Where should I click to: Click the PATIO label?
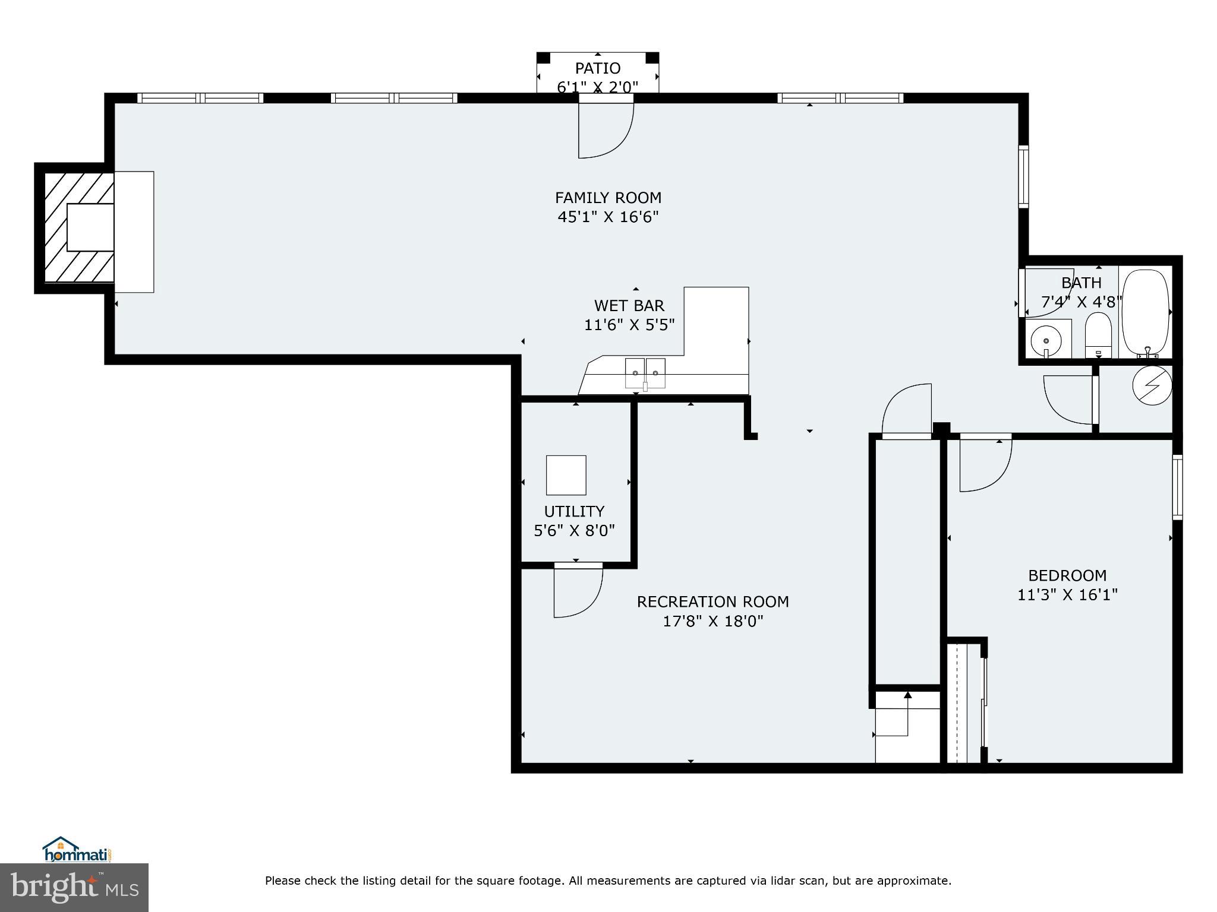[x=597, y=68]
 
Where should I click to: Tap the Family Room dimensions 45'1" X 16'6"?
[x=608, y=217]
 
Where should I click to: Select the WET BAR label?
[x=629, y=305]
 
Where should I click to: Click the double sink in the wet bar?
[x=645, y=373]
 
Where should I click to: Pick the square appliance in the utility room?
[x=566, y=475]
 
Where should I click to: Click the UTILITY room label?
[x=574, y=511]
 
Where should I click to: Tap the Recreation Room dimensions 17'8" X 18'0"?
[x=712, y=621]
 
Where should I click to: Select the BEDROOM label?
[x=1067, y=575]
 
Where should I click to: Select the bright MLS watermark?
[x=74, y=887]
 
